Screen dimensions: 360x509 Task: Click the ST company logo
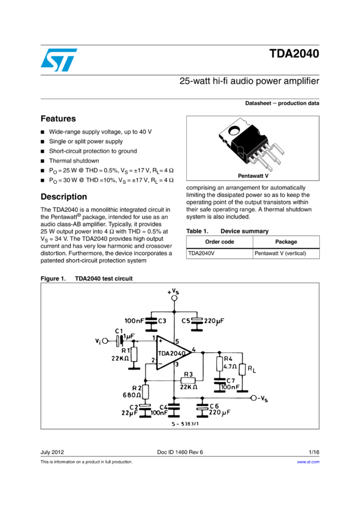coord(59,60)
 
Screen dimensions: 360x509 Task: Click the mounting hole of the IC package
coord(234,128)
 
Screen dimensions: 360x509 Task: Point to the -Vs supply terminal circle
coord(253,398)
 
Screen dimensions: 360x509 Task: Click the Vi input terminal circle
coord(105,341)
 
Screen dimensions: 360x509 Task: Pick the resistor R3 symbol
coord(187,380)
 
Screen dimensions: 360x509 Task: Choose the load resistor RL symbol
coord(242,369)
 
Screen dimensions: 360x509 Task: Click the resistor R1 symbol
coord(134,355)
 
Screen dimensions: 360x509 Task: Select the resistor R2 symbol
coord(145,391)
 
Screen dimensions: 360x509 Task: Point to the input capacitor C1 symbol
coord(120,340)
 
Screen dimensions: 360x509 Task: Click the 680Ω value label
coord(132,395)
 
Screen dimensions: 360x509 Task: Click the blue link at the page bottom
coord(308,462)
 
